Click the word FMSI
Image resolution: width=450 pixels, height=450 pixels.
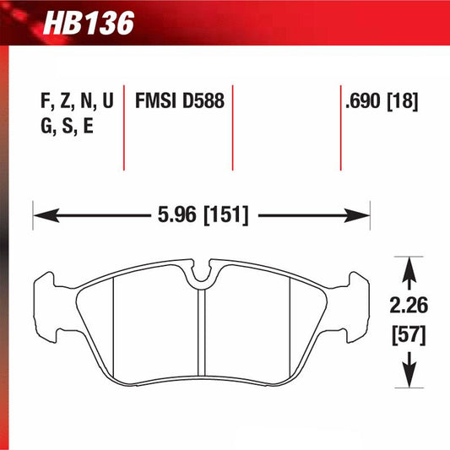point(156,102)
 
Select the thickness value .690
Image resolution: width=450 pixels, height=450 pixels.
point(364,102)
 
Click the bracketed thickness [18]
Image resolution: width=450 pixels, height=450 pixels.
point(404,102)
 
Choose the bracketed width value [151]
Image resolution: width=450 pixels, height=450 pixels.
point(225,216)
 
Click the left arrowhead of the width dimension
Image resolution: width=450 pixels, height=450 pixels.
point(41,216)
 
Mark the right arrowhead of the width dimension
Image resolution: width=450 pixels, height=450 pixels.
point(362,216)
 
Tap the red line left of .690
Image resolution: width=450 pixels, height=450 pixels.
point(339,127)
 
